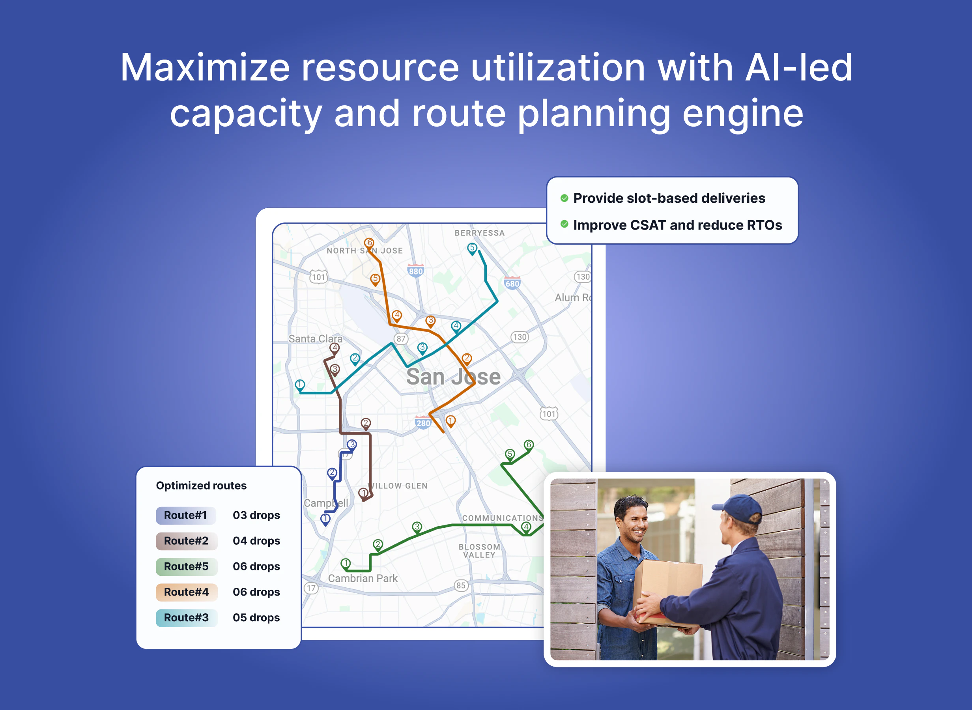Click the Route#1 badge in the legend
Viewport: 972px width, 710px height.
pyautogui.click(x=186, y=515)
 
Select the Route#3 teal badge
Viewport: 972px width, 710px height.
pyautogui.click(x=187, y=618)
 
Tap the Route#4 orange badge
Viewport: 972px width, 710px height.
pyautogui.click(x=187, y=592)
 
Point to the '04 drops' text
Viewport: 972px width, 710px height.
pyautogui.click(x=256, y=541)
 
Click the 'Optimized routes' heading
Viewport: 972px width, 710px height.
pyautogui.click(x=201, y=486)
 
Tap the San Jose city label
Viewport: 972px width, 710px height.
pyautogui.click(x=453, y=377)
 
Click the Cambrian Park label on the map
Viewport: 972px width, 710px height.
pyautogui.click(x=363, y=579)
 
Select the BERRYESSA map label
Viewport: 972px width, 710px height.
pyautogui.click(x=480, y=233)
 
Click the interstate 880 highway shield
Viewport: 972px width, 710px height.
pyautogui.click(x=415, y=271)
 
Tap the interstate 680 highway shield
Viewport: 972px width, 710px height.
pyautogui.click(x=512, y=283)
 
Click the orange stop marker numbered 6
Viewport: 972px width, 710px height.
pyautogui.click(x=369, y=244)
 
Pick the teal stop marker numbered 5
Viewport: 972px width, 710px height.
pyautogui.click(x=472, y=248)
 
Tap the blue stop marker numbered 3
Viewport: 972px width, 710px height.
pyautogui.click(x=352, y=445)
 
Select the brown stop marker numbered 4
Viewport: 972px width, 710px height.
pyautogui.click(x=335, y=348)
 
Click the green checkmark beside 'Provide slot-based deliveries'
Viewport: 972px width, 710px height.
pyautogui.click(x=564, y=198)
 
